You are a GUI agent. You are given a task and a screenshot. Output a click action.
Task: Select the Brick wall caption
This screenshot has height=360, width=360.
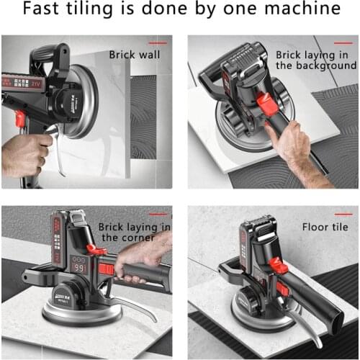(136, 53)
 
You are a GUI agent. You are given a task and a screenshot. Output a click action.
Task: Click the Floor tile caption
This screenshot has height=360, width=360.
(324, 226)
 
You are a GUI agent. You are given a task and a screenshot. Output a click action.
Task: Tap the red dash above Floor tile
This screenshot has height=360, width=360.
(338, 214)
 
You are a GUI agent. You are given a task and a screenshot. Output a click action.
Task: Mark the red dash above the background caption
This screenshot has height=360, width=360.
(338, 42)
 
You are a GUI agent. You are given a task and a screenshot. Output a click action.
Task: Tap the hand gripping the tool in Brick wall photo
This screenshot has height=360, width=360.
(25, 151)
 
